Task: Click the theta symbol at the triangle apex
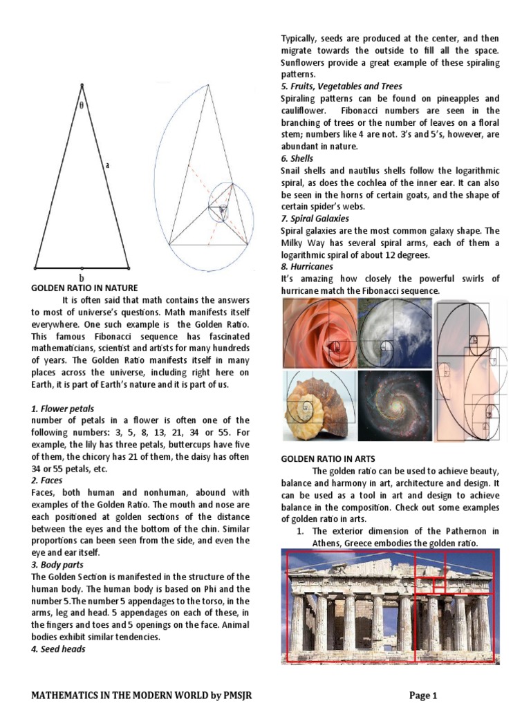82,106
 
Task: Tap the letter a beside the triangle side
107,165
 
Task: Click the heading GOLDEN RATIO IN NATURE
85,288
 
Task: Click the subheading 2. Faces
47,480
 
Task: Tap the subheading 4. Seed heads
58,649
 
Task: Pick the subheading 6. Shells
297,158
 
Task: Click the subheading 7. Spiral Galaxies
315,218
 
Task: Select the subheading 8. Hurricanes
307,266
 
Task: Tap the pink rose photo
319,333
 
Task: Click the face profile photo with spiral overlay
471,370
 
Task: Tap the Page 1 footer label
423,696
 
